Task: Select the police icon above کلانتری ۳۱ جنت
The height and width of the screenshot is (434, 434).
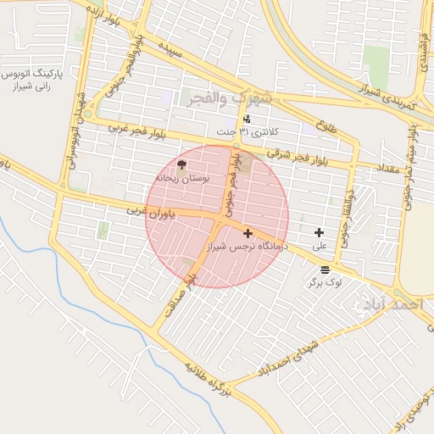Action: point(246,120)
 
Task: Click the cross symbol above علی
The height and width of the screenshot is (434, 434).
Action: point(319,232)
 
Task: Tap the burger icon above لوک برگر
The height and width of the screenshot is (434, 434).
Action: point(325,269)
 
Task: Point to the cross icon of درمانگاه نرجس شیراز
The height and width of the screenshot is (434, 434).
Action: point(248,233)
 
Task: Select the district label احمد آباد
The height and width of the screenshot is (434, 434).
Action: point(397,303)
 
